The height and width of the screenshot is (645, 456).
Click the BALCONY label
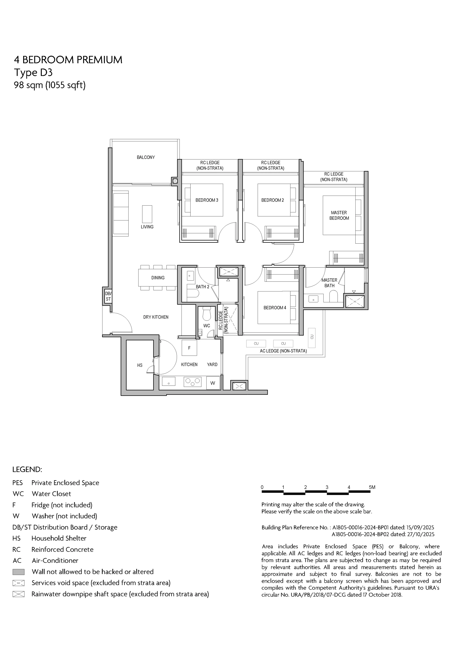(x=146, y=157)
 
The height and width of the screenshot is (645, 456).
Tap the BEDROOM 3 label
(x=207, y=200)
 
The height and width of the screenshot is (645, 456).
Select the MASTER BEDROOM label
(x=339, y=215)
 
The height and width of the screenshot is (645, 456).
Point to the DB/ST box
(x=108, y=296)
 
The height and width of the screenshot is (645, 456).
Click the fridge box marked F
(x=189, y=348)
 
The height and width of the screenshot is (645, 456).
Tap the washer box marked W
(x=213, y=383)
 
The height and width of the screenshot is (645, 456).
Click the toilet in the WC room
(x=207, y=313)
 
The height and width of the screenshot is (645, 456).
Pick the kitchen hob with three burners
(x=193, y=382)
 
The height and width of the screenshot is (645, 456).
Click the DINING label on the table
(x=158, y=278)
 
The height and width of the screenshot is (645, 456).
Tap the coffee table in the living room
(x=147, y=214)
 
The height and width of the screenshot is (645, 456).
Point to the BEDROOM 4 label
(x=275, y=308)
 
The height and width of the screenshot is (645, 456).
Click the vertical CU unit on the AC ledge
(x=312, y=338)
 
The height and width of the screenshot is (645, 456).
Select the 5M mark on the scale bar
(x=372, y=487)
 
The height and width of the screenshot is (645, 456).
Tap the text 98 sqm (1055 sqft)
(x=50, y=85)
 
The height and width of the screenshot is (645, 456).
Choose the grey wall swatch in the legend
(x=19, y=572)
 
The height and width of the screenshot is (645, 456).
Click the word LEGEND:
(x=27, y=469)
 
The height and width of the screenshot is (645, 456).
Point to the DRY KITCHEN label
(x=156, y=317)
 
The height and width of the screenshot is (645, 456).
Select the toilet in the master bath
(x=333, y=296)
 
